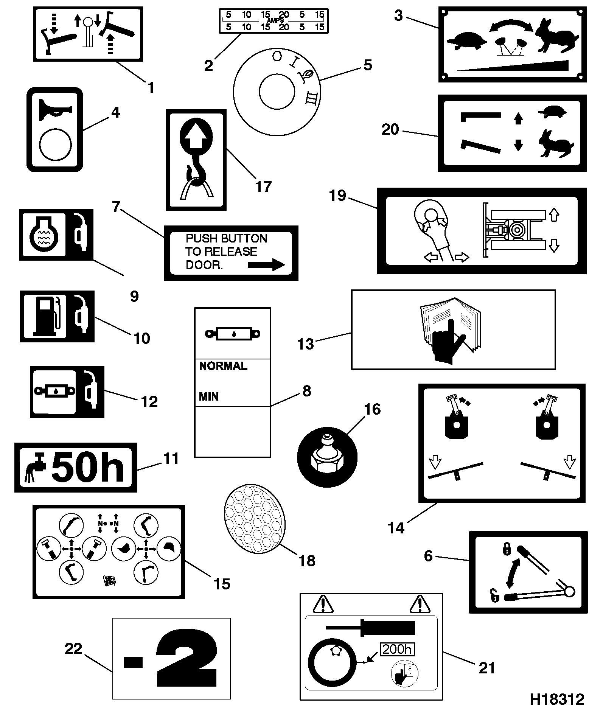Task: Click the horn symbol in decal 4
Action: click(55, 108)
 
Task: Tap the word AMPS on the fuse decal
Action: click(275, 20)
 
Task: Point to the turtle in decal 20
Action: click(553, 112)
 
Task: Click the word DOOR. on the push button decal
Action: click(204, 265)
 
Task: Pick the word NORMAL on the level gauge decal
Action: click(223, 366)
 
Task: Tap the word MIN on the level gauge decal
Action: click(209, 397)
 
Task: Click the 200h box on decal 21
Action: click(397, 650)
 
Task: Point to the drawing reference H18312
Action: click(557, 699)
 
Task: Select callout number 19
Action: click(337, 196)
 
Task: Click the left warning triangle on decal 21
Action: click(323, 603)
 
